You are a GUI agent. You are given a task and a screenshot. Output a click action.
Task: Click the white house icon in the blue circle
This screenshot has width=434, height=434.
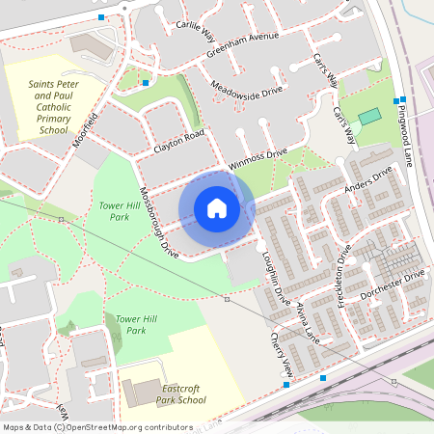click(217, 208)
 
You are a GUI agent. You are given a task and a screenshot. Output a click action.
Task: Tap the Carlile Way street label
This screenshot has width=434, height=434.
click(195, 30)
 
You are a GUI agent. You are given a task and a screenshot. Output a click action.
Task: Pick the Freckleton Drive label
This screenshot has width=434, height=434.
click(344, 274)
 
